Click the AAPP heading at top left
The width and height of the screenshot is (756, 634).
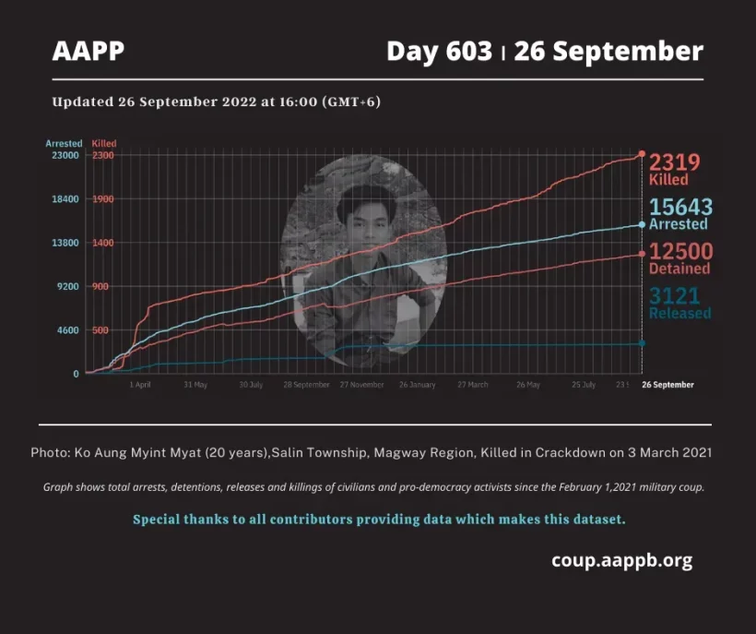pos(89,51)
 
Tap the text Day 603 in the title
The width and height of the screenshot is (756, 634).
pos(439,51)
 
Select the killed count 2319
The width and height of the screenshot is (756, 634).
pos(675,162)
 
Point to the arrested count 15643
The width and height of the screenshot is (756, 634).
pos(680,207)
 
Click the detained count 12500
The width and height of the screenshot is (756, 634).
pos(680,251)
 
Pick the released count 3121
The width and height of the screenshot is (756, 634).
pos(674,296)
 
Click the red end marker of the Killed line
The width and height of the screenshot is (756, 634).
pos(642,154)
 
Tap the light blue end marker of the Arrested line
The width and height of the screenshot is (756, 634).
pos(642,224)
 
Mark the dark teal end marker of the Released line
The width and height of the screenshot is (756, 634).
pos(642,343)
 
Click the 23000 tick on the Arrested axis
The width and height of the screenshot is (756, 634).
pos(65,155)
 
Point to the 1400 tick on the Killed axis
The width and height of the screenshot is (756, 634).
pos(101,243)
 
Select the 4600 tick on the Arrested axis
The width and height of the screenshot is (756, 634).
pos(67,330)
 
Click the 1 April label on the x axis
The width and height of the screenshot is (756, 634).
pos(139,385)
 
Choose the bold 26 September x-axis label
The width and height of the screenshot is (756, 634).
pos(667,385)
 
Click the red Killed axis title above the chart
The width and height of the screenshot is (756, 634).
pos(104,144)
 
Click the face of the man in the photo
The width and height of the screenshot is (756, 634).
pos(360,218)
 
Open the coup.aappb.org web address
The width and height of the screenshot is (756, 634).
pos(621,560)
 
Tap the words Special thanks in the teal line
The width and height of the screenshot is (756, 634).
pos(181,520)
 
